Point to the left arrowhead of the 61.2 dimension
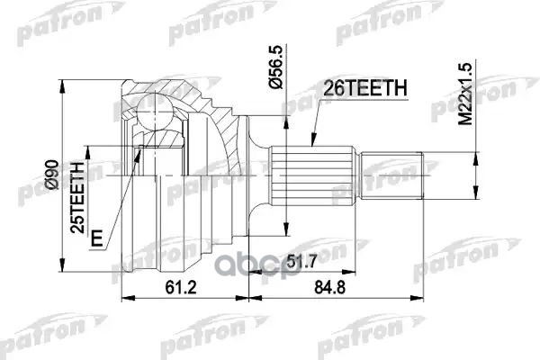[x=124, y=296]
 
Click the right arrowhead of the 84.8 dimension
[x=420, y=296]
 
